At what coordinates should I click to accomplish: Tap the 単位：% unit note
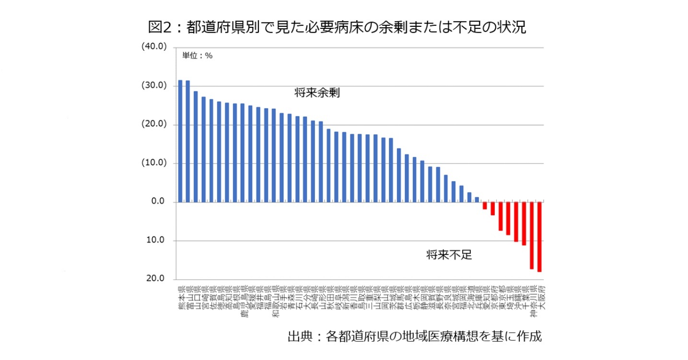pyautogui.click(x=197, y=56)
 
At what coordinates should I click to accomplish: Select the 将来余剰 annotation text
pyautogui.click(x=317, y=93)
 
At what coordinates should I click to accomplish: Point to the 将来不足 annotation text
pyautogui.click(x=449, y=255)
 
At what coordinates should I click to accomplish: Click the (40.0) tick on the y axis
pyautogui.click(x=153, y=47)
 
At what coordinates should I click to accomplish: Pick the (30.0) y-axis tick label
pyautogui.click(x=153, y=86)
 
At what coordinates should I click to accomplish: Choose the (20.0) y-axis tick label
pyautogui.click(x=153, y=125)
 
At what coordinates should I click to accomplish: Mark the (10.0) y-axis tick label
pyautogui.click(x=153, y=163)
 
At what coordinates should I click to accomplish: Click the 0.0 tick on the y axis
pyautogui.click(x=158, y=202)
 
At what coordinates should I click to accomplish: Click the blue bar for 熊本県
pyautogui.click(x=180, y=141)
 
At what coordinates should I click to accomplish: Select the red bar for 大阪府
pyautogui.click(x=539, y=237)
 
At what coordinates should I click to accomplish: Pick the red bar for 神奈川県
pyautogui.click(x=532, y=235)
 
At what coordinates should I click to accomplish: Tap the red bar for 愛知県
pyautogui.click(x=485, y=206)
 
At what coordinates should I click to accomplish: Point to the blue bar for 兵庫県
pyautogui.click(x=477, y=199)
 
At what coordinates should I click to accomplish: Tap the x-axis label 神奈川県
pyautogui.click(x=532, y=300)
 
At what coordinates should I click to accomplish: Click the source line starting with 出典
pyautogui.click(x=414, y=336)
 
